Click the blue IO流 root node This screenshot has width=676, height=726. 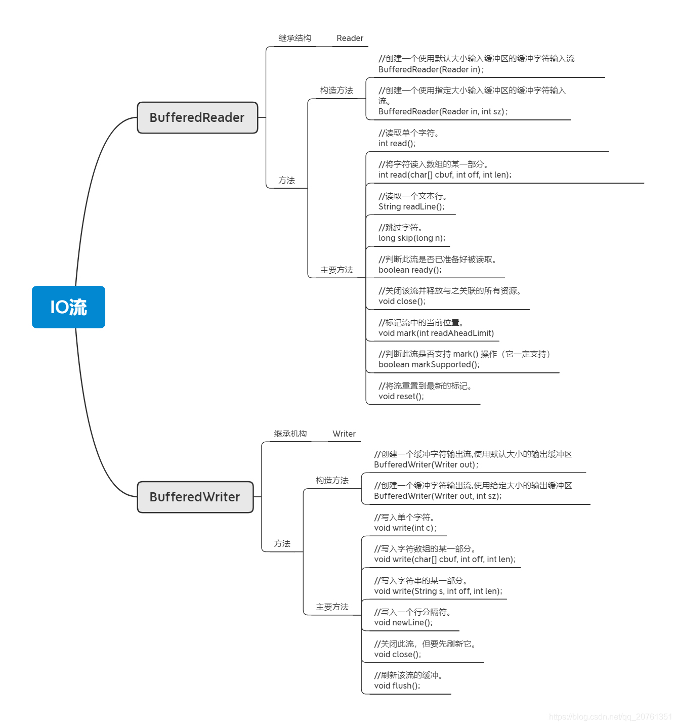(68, 307)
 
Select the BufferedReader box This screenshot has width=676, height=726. (197, 118)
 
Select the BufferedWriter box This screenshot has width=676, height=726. (195, 497)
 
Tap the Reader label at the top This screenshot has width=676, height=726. (350, 38)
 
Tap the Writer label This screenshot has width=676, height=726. (344, 434)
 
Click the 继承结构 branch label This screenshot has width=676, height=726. (294, 38)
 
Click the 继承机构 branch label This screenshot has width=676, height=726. (290, 434)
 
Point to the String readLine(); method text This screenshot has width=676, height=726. (411, 207)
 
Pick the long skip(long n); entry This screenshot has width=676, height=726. (412, 238)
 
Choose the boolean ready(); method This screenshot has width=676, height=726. (410, 270)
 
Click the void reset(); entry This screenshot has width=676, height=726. (401, 397)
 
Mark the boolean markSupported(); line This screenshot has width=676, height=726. (429, 365)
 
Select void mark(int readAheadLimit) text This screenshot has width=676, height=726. (436, 333)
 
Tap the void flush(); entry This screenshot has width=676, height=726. (397, 686)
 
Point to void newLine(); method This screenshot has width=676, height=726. (403, 623)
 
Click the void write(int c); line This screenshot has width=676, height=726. (405, 528)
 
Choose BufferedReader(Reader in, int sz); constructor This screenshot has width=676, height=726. (443, 112)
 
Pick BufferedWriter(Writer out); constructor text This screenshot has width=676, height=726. (426, 465)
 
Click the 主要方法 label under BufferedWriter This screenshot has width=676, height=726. (332, 607)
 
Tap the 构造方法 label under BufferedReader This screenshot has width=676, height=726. (336, 91)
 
